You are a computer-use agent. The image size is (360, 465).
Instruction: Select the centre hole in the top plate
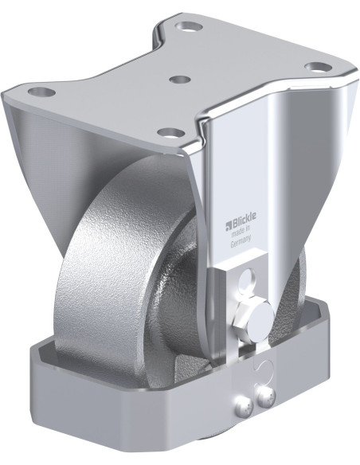pyautogui.click(x=181, y=80)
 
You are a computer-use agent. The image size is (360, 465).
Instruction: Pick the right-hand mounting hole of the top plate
pyautogui.click(x=317, y=68)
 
